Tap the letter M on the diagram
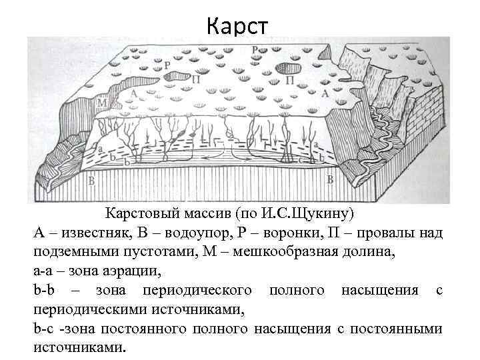[102, 104]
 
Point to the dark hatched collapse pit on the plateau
[288, 67]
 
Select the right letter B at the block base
[330, 179]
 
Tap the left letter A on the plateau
[135, 94]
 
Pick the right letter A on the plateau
[325, 93]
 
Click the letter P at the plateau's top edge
[255, 50]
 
